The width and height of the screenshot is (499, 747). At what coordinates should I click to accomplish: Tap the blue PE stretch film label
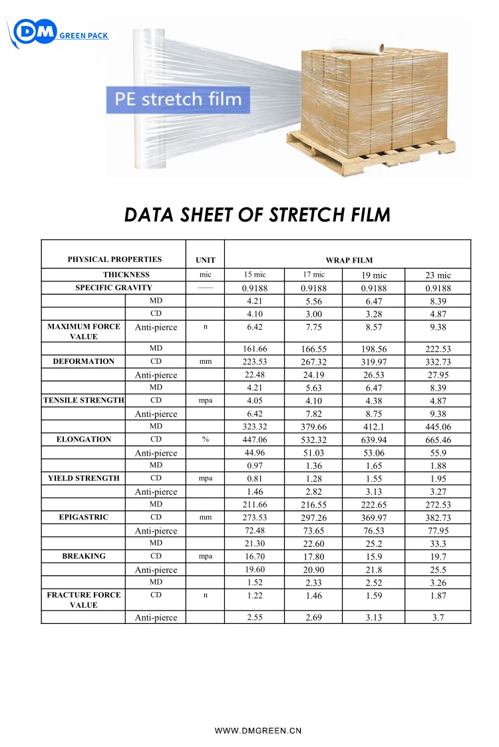(x=178, y=100)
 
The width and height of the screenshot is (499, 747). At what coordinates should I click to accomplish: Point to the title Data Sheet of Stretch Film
(x=257, y=215)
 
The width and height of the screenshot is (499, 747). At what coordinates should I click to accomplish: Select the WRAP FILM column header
(x=349, y=260)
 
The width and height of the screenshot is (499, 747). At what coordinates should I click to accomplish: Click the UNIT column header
(x=205, y=260)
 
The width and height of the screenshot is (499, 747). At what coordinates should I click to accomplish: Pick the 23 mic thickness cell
(x=438, y=275)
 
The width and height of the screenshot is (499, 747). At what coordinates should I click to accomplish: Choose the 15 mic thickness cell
(x=254, y=275)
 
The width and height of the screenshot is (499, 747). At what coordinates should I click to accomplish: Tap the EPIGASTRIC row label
(x=83, y=518)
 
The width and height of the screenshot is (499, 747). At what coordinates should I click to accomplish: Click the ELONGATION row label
(x=83, y=440)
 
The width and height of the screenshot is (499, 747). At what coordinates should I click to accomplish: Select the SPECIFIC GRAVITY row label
(x=114, y=288)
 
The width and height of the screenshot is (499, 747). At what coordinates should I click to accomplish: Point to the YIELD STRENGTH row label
(x=83, y=478)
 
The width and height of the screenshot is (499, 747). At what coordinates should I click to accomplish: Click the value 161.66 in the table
(x=254, y=349)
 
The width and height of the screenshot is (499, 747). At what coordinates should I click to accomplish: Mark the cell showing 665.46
(x=438, y=440)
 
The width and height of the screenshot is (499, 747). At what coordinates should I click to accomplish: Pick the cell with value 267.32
(x=313, y=362)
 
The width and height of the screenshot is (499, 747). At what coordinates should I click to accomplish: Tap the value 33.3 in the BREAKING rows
(x=438, y=543)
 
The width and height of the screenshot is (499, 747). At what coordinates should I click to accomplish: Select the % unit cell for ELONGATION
(x=205, y=440)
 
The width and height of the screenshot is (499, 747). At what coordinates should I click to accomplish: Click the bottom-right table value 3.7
(x=438, y=618)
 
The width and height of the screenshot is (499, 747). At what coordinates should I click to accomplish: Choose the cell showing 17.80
(x=313, y=557)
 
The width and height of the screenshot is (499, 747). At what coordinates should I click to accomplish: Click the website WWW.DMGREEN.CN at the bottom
(x=257, y=730)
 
